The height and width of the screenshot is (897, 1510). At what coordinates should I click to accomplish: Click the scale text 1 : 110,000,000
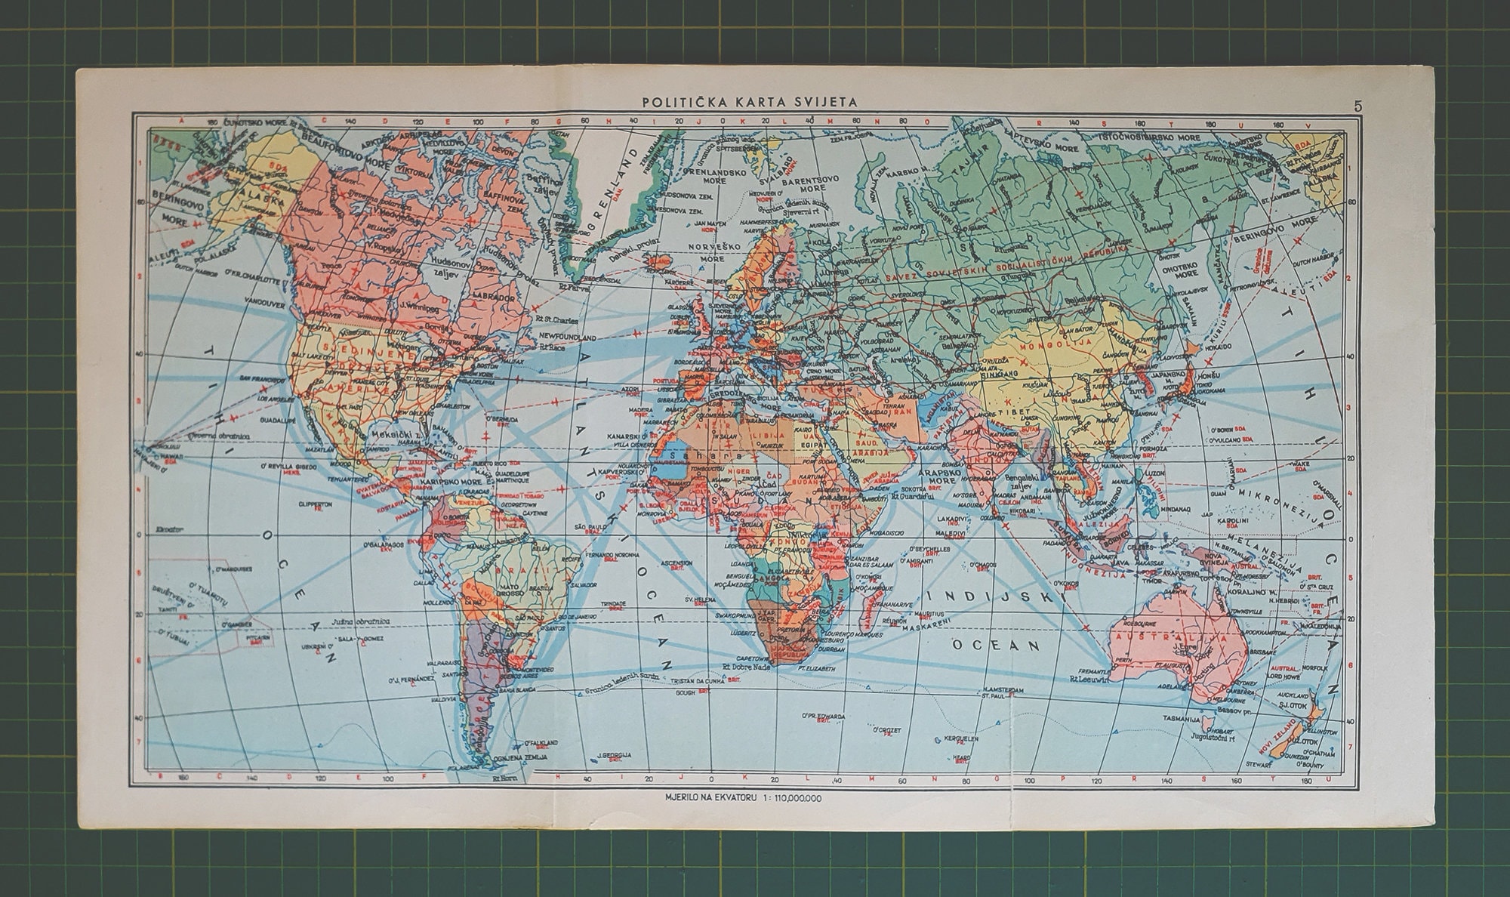(x=787, y=798)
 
